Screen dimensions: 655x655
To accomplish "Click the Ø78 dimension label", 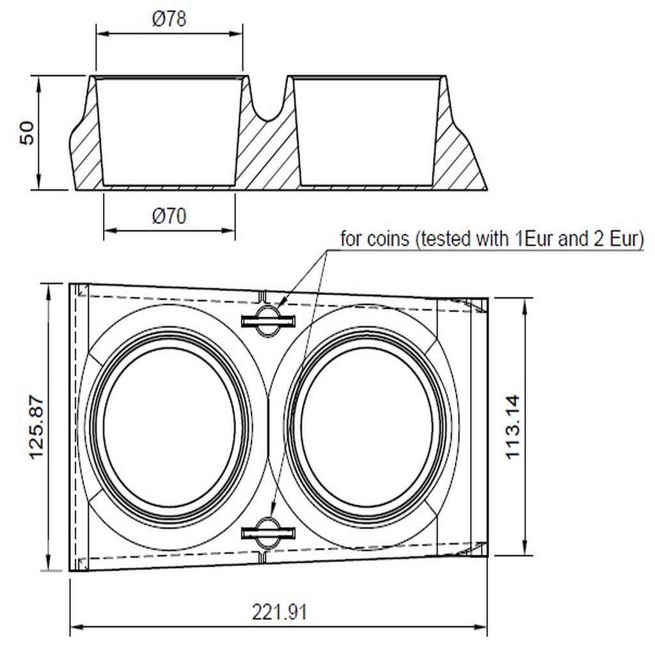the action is click(x=169, y=19).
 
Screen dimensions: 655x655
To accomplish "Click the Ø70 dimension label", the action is click(x=169, y=216).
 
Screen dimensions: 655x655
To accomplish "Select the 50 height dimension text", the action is click(x=27, y=133).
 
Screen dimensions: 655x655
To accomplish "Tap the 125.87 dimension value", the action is click(x=36, y=427).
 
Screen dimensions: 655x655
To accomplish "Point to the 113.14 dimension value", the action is click(x=513, y=427).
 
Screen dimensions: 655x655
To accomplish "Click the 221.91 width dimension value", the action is click(x=280, y=612).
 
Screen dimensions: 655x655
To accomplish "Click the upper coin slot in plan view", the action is click(x=268, y=321).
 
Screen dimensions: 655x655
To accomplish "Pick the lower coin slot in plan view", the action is click(x=268, y=533).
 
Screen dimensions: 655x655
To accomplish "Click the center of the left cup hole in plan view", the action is click(x=169, y=427).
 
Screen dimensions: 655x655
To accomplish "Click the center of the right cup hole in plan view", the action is click(x=367, y=427).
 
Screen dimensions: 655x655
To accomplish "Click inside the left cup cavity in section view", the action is click(x=169, y=132).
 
